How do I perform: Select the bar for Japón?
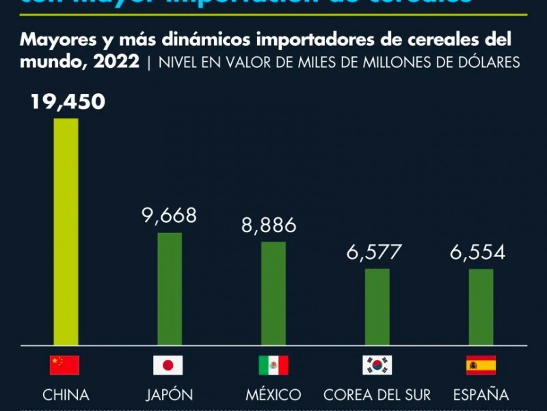(x=170, y=288)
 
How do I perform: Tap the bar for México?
(x=273, y=293)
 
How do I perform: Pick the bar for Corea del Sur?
(x=377, y=306)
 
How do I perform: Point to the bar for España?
(x=481, y=306)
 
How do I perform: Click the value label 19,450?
(x=67, y=102)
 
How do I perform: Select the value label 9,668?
(x=169, y=216)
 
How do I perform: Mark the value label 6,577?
(x=374, y=252)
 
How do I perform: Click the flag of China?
(x=64, y=365)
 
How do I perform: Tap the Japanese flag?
(x=168, y=365)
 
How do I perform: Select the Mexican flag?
(x=273, y=365)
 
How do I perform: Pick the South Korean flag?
(x=377, y=365)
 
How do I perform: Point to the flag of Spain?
(x=481, y=365)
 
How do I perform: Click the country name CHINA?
(x=66, y=395)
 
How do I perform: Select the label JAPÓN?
(x=169, y=395)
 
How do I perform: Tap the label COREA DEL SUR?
(x=377, y=395)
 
